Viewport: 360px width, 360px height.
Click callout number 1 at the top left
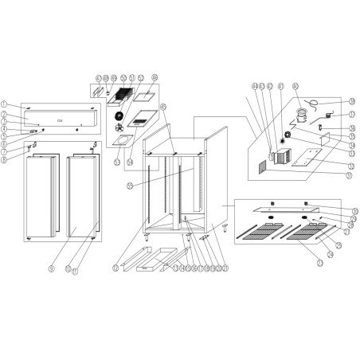pyautogui.click(x=6, y=104)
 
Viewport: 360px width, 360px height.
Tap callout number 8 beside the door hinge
pyautogui.click(x=6, y=158)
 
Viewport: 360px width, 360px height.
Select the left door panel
pyautogui.click(x=40, y=195)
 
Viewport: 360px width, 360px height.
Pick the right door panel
pyautogui.click(x=82, y=195)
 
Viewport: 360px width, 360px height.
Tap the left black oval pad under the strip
pyautogui.click(x=270, y=217)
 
